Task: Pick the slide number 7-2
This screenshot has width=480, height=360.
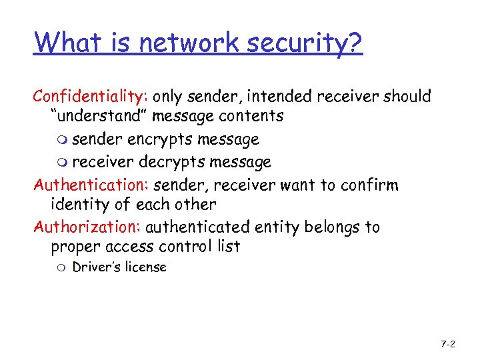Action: click(447, 344)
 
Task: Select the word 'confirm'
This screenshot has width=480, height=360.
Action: click(370, 185)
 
